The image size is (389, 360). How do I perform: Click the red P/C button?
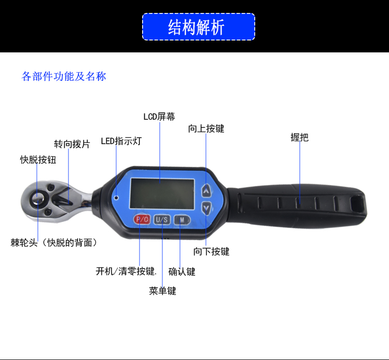pyautogui.click(x=142, y=219)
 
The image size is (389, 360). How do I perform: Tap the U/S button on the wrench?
pyautogui.click(x=162, y=219)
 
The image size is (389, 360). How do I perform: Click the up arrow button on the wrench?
pyautogui.click(x=206, y=190)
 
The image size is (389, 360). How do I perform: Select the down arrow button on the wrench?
pyautogui.click(x=206, y=207)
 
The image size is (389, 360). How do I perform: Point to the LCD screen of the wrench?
pyautogui.click(x=162, y=193)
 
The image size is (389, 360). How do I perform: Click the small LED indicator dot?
pyautogui.click(x=116, y=198)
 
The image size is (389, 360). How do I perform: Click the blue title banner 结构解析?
pyautogui.click(x=199, y=27)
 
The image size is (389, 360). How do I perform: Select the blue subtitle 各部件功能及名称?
pyautogui.click(x=64, y=76)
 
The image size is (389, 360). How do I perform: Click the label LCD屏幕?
pyautogui.click(x=159, y=117)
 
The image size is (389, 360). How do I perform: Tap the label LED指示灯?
pyautogui.click(x=121, y=141)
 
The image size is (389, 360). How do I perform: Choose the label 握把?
pyautogui.click(x=299, y=137)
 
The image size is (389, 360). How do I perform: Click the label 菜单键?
pyautogui.click(x=162, y=291)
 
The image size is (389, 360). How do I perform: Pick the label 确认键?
pyautogui.click(x=182, y=272)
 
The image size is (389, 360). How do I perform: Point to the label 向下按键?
pyautogui.click(x=212, y=252)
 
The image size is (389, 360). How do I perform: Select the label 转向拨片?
pyautogui.click(x=72, y=144)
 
